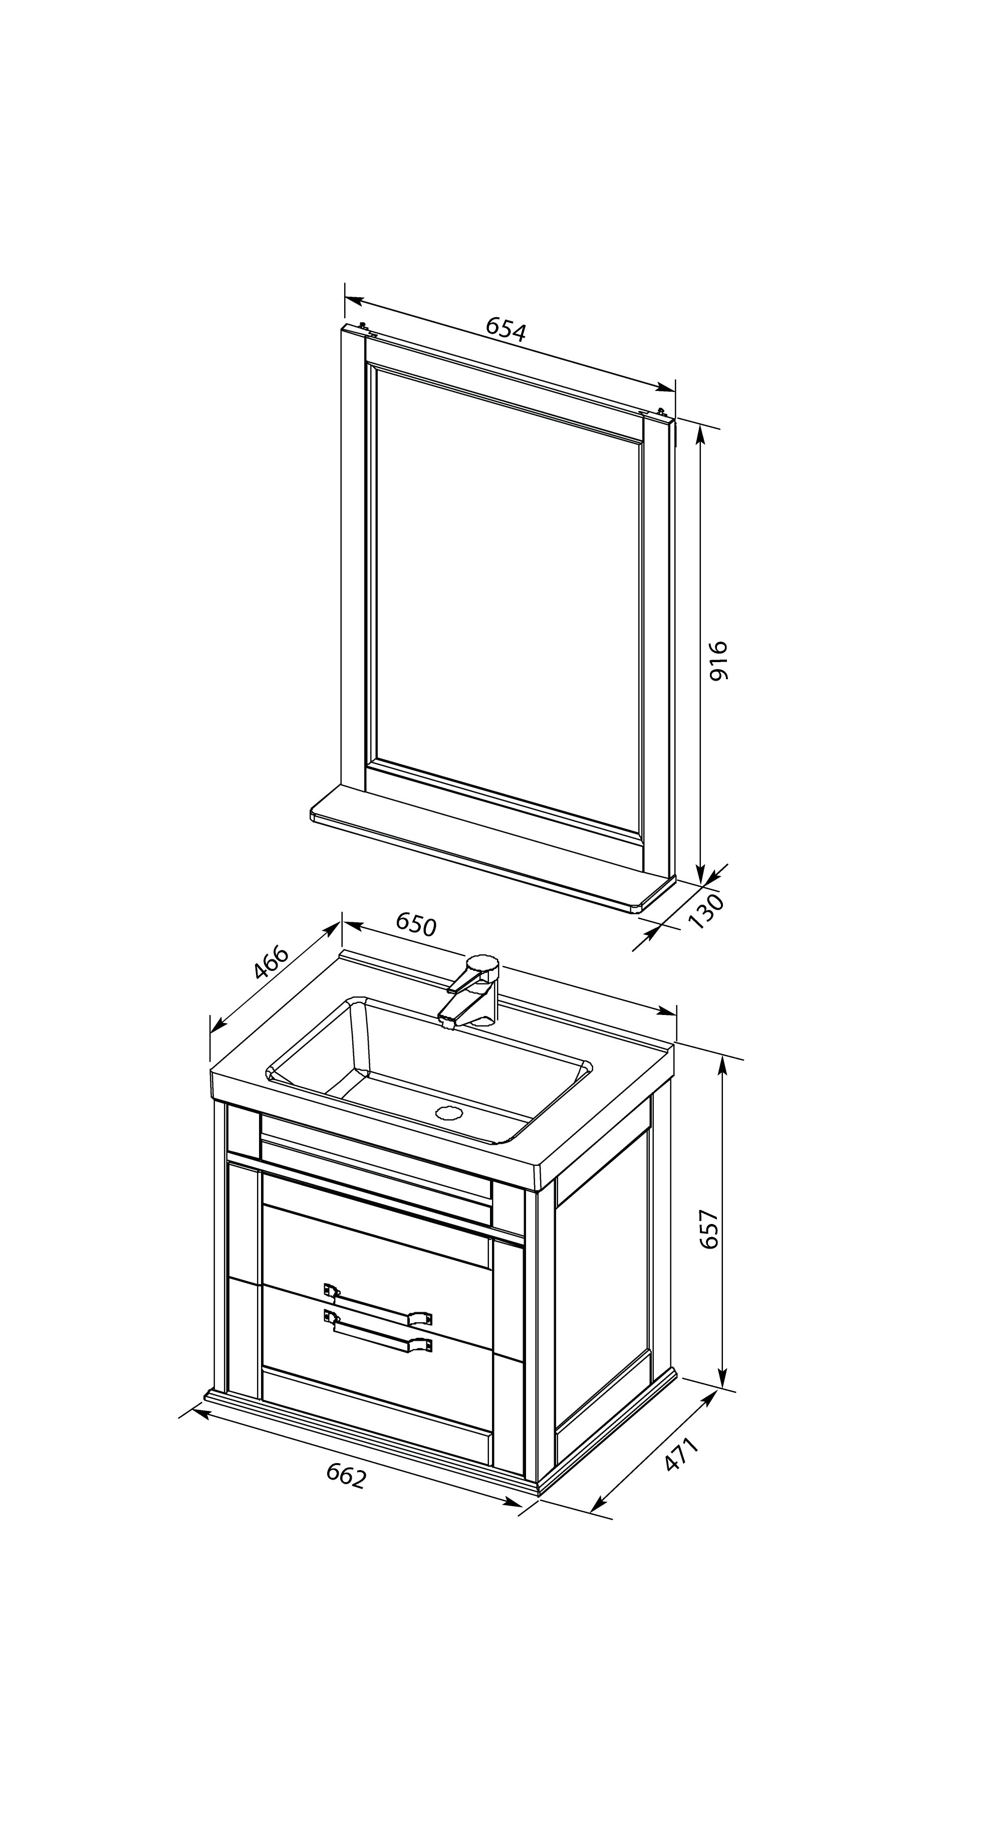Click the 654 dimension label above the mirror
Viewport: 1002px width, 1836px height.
point(506,329)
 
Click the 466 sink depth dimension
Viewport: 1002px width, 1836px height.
point(272,963)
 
